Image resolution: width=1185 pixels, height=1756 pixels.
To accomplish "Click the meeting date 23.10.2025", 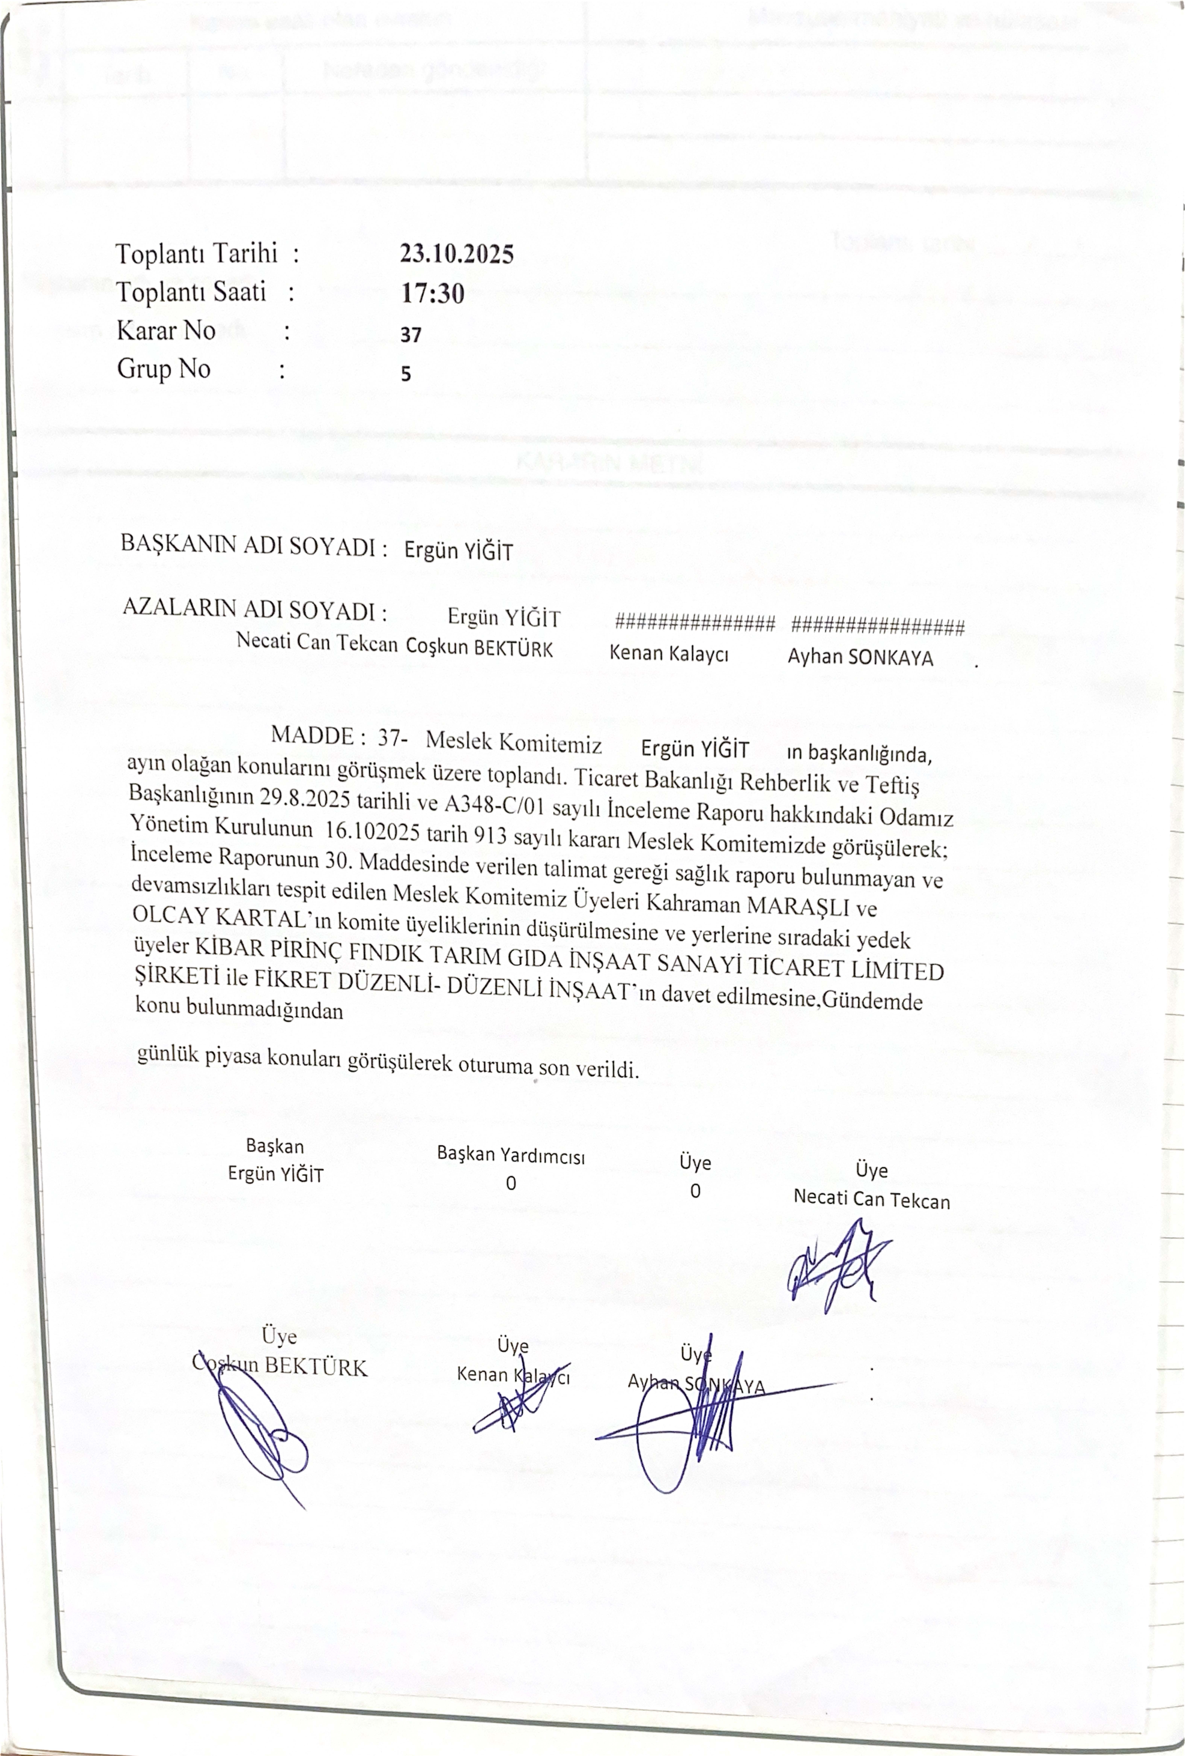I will click(x=456, y=254).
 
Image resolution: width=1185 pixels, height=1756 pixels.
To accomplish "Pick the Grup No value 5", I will click(x=406, y=373).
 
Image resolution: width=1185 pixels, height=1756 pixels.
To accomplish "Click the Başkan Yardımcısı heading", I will click(x=511, y=1155).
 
